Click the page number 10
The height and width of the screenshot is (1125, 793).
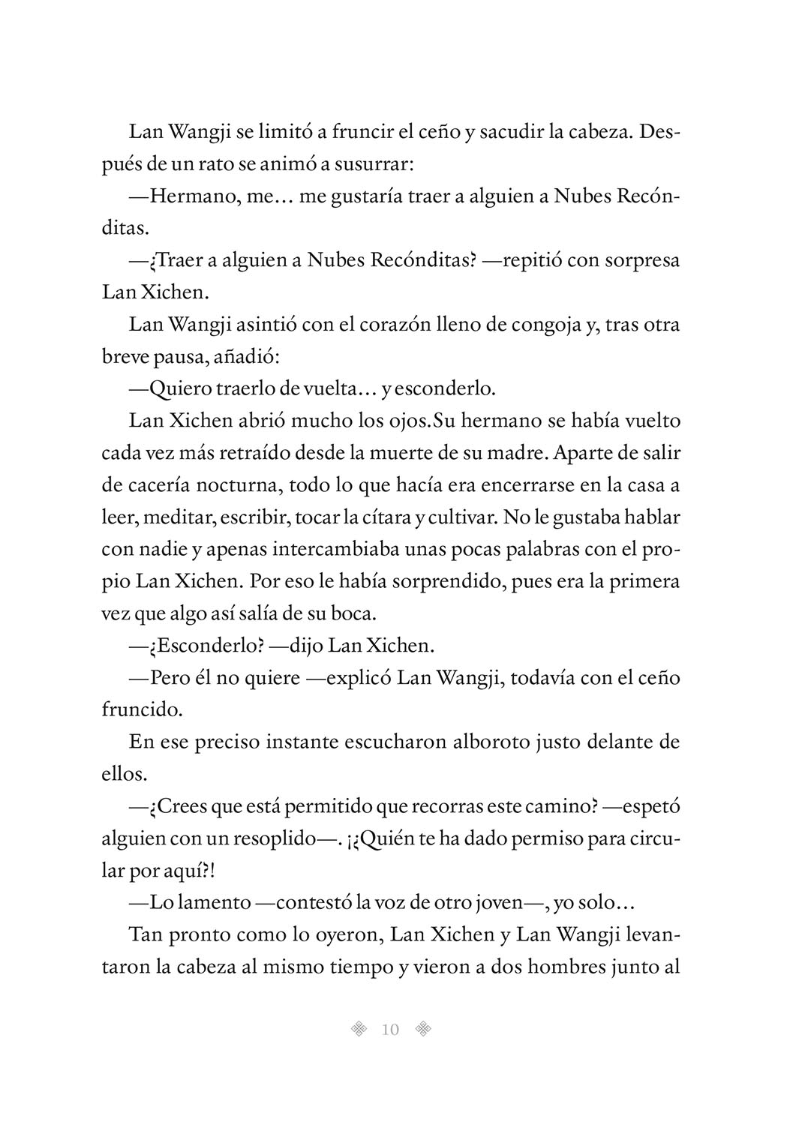[390, 1029]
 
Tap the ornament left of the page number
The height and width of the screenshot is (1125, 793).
[359, 1029]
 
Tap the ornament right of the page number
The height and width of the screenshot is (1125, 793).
[424, 1029]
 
